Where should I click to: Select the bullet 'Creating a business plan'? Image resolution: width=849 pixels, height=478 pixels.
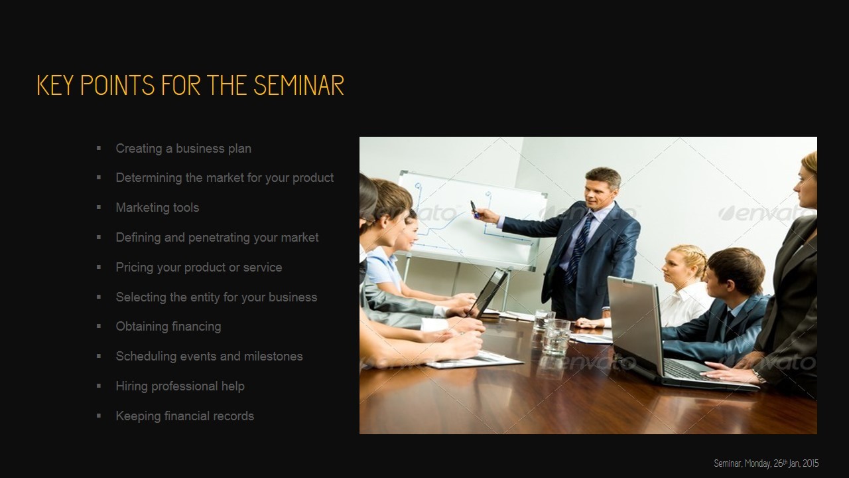183,149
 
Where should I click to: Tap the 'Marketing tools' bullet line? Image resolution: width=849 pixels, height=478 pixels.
157,208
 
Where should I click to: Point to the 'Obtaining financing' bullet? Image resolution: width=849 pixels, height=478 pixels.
168,327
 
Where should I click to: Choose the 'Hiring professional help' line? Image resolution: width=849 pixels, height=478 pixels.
180,386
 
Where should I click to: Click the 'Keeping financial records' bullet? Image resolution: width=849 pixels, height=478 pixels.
184,416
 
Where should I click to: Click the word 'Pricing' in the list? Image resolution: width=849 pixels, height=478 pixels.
135,268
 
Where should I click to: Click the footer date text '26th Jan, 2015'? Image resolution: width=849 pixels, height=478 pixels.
796,463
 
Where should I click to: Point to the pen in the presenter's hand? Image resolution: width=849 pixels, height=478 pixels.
474,209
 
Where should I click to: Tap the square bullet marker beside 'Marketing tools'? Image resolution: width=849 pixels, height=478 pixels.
99,207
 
